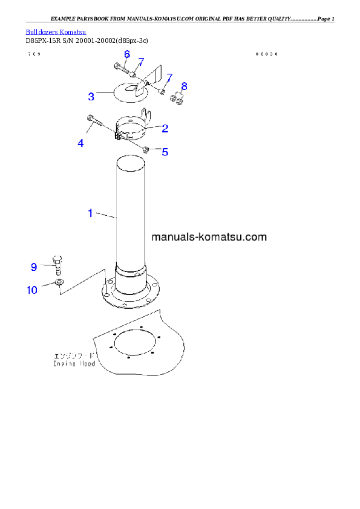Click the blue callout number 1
pos(90,213)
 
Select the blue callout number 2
pos(165,128)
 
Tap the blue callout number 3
pos(91,96)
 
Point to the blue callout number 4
pos(80,143)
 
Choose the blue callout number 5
pos(165,152)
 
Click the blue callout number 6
pos(127,54)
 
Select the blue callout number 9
pos(34,267)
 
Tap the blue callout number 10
pos(31,290)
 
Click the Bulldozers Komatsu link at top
pos(56,31)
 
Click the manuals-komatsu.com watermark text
pos(209,237)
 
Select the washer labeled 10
pos(59,282)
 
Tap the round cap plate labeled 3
pos(115,92)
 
